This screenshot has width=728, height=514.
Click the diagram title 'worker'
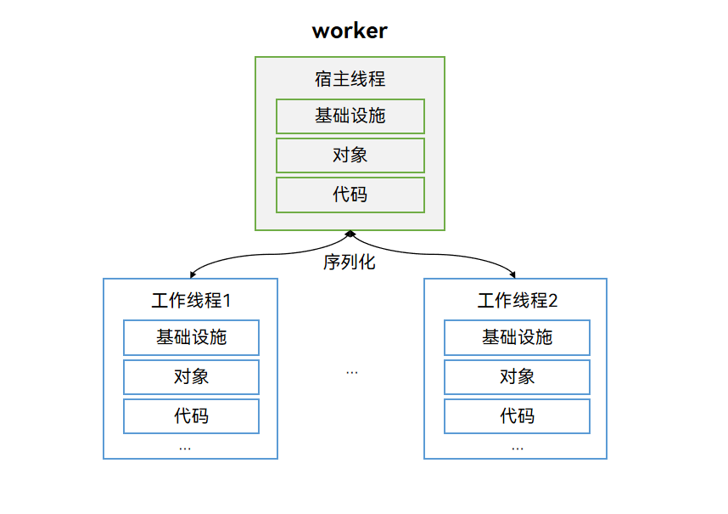pos(350,31)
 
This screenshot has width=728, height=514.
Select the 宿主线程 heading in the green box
pos(350,79)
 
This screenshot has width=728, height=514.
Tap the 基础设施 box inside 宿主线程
pos(350,116)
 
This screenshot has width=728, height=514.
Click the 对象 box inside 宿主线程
pos(350,155)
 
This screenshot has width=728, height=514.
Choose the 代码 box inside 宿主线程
pos(350,195)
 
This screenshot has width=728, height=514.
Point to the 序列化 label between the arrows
pos(349,262)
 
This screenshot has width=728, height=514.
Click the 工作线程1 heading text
pos(191,301)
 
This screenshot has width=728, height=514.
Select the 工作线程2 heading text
pos(517,301)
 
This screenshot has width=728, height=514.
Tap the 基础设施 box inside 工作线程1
pos(191,337)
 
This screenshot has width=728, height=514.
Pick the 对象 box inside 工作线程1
pos(191,377)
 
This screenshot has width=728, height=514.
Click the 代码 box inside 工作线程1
pos(191,416)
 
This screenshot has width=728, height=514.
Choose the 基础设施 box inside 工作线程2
pos(517,337)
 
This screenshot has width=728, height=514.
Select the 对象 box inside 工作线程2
pos(517,377)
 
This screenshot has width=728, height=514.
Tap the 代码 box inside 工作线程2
pos(517,416)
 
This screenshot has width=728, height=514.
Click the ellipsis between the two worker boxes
pos(352,372)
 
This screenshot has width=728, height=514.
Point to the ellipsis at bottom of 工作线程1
pos(185,448)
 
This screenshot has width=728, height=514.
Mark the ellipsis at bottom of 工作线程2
pos(518,448)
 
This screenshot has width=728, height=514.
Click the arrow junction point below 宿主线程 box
pos(350,233)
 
